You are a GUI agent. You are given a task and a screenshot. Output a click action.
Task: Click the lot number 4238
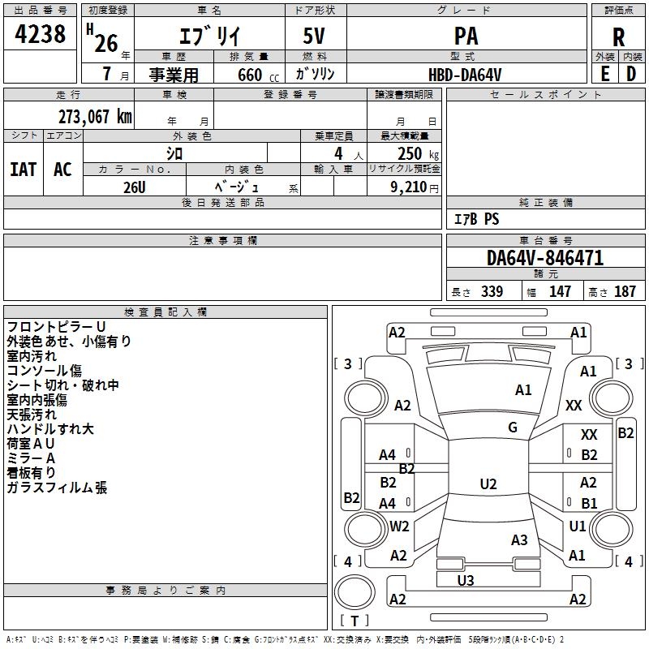(x=41, y=34)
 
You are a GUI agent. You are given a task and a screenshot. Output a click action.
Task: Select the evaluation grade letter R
(x=618, y=37)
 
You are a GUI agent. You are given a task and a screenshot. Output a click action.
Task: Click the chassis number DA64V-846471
(x=545, y=258)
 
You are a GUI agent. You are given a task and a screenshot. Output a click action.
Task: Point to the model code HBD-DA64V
(x=465, y=74)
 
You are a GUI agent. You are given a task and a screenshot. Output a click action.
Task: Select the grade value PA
(x=466, y=37)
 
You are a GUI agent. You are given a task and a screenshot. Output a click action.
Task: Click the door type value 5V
(x=315, y=37)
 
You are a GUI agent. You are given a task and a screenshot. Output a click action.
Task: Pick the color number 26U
(x=135, y=186)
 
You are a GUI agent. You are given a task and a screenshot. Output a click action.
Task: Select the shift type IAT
(x=23, y=170)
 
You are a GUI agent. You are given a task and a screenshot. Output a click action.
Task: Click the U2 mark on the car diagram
(x=488, y=484)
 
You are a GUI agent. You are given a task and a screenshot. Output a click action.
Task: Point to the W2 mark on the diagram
(x=399, y=527)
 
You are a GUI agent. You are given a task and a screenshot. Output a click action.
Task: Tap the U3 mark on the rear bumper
(x=466, y=580)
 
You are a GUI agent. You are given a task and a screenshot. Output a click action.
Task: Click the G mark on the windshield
(x=513, y=428)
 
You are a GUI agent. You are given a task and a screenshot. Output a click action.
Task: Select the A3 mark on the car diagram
(x=519, y=540)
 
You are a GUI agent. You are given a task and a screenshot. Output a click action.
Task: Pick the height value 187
(x=625, y=292)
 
